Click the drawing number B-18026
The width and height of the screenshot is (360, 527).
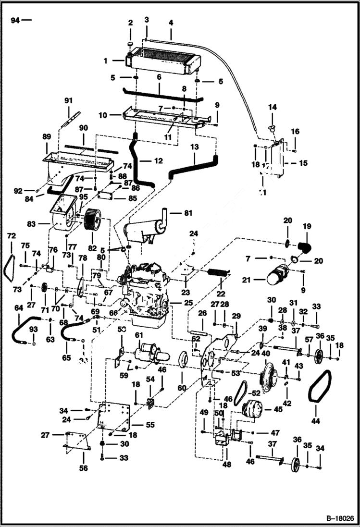[x=339, y=519]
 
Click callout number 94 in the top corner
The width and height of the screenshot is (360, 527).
[x=15, y=20]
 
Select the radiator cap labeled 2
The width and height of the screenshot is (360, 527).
[x=130, y=45]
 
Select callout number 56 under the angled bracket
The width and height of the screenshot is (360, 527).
[x=84, y=468]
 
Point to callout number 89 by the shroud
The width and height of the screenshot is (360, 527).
[x=47, y=136]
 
